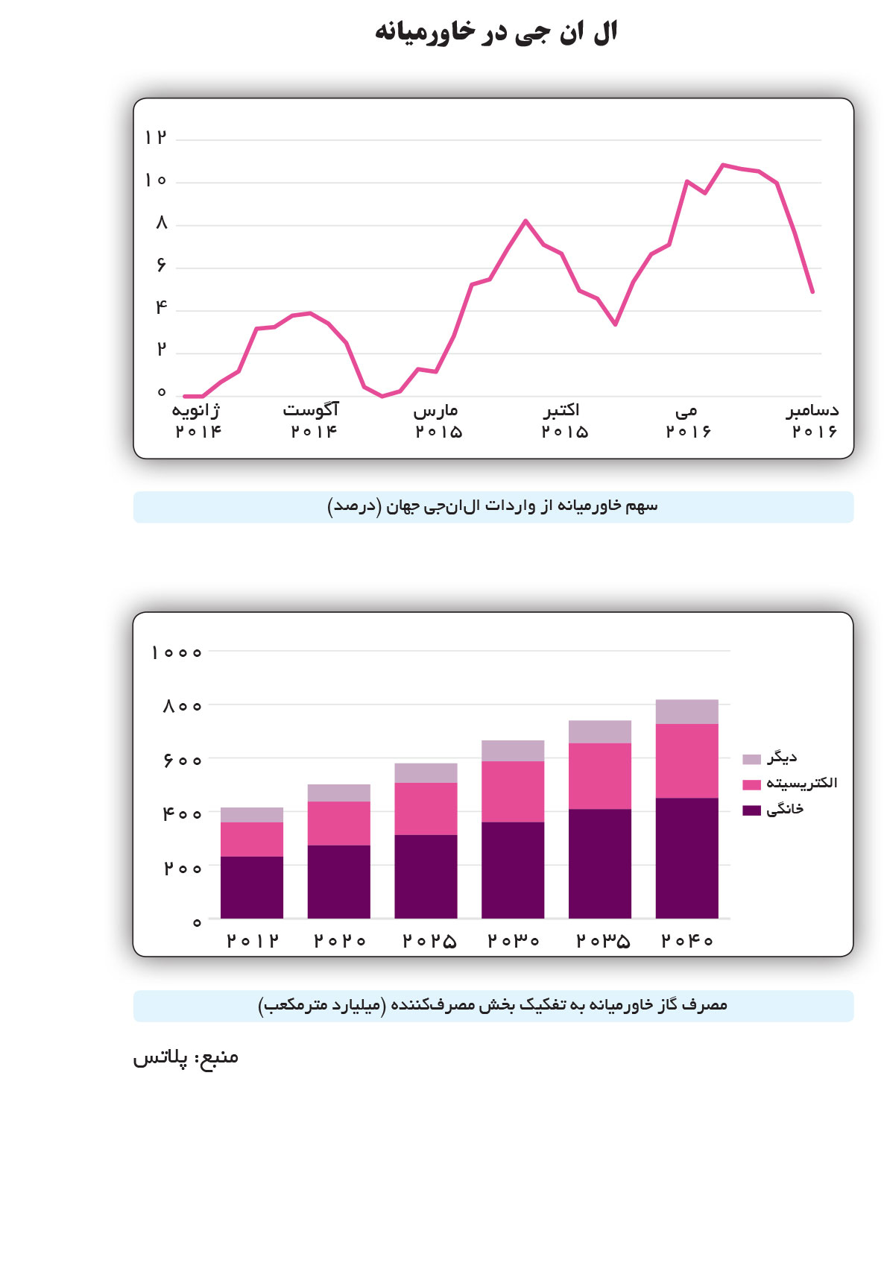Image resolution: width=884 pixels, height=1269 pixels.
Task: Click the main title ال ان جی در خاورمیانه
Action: pyautogui.click(x=496, y=32)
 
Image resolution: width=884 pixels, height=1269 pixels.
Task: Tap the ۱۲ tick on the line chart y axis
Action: pyautogui.click(x=156, y=138)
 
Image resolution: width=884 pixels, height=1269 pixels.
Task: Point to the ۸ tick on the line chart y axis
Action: pyautogui.click(x=161, y=223)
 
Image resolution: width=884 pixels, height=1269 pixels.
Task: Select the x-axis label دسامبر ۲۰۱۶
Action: pyautogui.click(x=813, y=421)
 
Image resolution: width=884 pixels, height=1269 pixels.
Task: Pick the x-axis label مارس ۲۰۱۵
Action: pyautogui.click(x=438, y=421)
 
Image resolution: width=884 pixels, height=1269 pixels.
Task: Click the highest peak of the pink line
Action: pyautogui.click(x=722, y=165)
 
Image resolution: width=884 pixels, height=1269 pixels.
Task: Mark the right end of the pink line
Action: pyautogui.click(x=812, y=292)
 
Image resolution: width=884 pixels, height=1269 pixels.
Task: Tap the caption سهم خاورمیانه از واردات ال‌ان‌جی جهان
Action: pyautogui.click(x=493, y=507)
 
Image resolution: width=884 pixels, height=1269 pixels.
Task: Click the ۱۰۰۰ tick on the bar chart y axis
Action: pyautogui.click(x=177, y=652)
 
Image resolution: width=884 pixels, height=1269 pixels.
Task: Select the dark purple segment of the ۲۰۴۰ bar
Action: pyautogui.click(x=686, y=857)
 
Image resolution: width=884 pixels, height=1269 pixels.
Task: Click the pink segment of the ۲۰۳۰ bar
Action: pyautogui.click(x=513, y=791)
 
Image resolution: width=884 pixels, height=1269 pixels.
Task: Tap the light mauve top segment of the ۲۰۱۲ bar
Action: pyautogui.click(x=252, y=814)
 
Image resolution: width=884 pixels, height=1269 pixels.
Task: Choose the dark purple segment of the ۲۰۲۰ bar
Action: pyautogui.click(x=338, y=881)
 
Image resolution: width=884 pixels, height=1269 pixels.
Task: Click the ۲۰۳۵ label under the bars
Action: pyautogui.click(x=602, y=941)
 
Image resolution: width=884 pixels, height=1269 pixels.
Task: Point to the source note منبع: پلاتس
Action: pyautogui.click(x=186, y=1057)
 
